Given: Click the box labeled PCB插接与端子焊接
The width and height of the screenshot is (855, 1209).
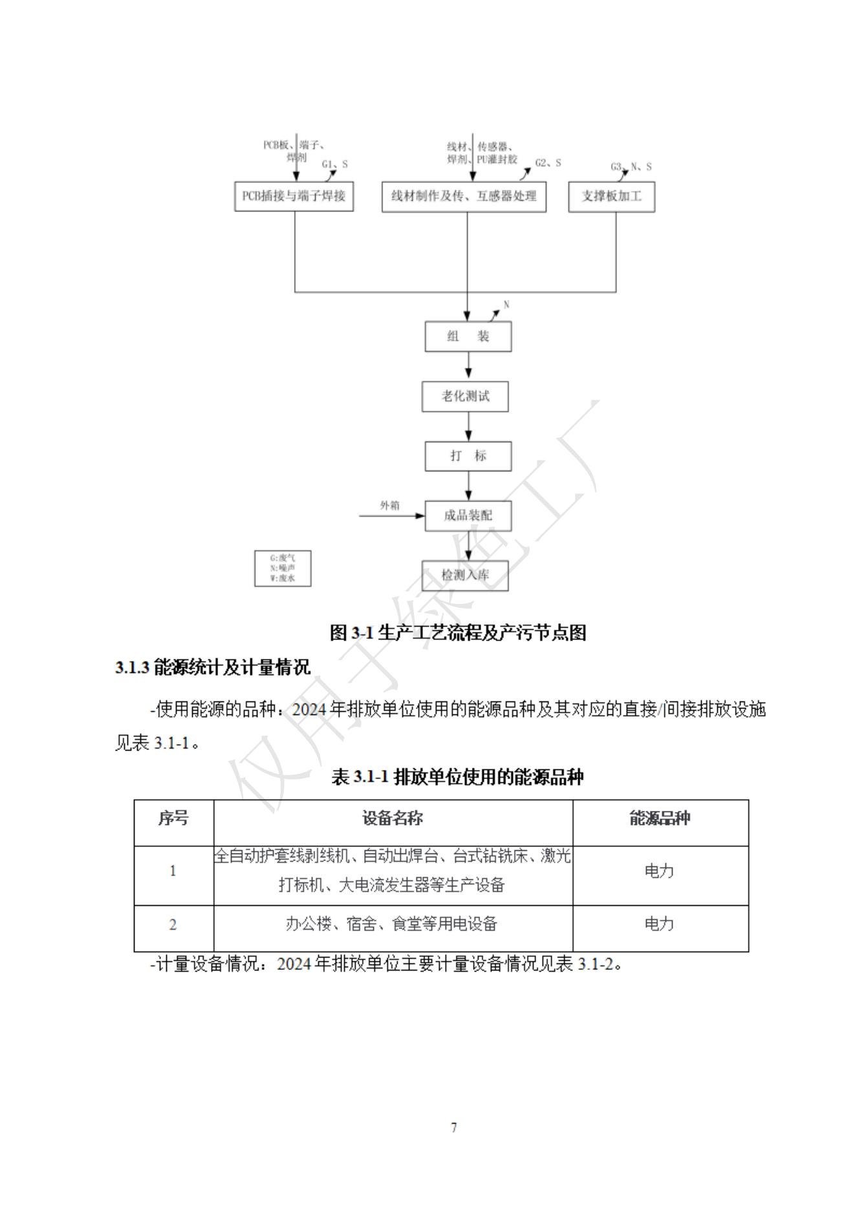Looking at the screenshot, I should click(294, 196).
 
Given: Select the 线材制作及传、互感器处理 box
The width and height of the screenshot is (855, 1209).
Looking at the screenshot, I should click(464, 196).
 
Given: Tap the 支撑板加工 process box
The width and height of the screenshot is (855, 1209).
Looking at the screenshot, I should click(611, 197).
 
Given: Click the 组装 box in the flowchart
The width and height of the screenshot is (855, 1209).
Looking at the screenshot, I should click(468, 336).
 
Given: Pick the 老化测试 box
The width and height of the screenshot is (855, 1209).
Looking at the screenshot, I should click(465, 396).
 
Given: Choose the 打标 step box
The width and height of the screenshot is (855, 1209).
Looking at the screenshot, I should click(468, 456).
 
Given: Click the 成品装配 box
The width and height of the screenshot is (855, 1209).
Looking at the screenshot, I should click(468, 516).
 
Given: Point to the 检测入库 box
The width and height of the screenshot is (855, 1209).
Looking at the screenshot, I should click(465, 575).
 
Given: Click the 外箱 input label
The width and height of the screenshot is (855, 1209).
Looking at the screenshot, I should click(389, 506).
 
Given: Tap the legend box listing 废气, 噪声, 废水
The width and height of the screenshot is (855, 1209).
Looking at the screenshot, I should click(283, 568).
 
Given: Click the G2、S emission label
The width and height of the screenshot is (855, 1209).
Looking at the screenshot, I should click(548, 163).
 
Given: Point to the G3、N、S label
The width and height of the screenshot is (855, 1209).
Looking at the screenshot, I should click(631, 167).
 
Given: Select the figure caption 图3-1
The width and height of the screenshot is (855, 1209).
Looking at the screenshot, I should click(458, 632).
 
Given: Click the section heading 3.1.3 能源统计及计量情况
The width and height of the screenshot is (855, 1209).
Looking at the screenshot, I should click(213, 667).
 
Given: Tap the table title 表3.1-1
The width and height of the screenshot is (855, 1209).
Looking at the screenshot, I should click(457, 776).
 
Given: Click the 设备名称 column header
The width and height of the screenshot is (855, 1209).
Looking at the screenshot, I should click(393, 818).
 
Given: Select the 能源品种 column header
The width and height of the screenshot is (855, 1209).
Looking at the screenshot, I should click(660, 818).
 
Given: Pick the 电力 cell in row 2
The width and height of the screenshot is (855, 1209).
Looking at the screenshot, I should click(660, 925).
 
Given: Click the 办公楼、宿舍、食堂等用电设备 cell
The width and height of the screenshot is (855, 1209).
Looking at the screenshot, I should click(392, 925).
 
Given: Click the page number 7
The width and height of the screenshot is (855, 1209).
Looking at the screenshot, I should click(453, 1128).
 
